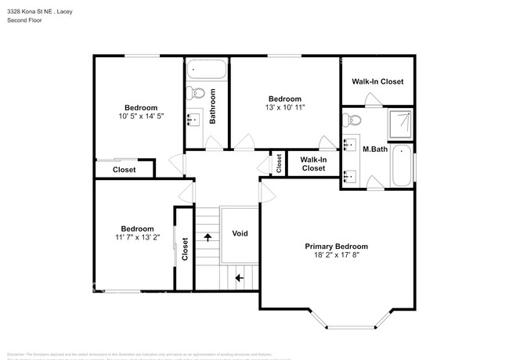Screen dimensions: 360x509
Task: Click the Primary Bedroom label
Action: [x=336, y=246]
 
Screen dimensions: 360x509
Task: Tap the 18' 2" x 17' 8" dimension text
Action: [x=336, y=256]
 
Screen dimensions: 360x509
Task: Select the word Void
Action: [x=240, y=233]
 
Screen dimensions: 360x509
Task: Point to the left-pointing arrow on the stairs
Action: [x=239, y=276]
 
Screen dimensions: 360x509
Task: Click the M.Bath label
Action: [x=375, y=149]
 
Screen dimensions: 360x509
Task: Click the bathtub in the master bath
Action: [x=401, y=165]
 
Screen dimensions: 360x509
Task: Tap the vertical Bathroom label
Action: [x=212, y=110]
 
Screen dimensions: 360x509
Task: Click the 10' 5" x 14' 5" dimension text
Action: [x=141, y=117]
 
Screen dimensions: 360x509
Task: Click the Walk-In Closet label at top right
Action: [x=377, y=81]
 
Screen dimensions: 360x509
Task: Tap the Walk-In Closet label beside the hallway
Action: [x=313, y=164]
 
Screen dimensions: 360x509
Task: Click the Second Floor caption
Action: [x=25, y=20]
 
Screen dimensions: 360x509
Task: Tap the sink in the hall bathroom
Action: [x=193, y=120]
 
